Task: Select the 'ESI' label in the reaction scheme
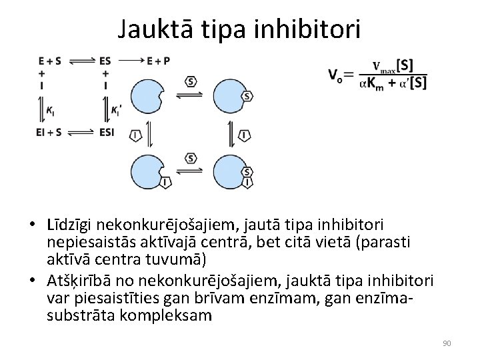click(x=106, y=132)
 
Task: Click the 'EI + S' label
click(x=49, y=132)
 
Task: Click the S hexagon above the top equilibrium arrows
click(x=191, y=82)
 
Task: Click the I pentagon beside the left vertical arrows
click(x=137, y=135)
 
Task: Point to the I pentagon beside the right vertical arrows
click(x=245, y=135)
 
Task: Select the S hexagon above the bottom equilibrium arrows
click(x=191, y=158)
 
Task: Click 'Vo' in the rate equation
click(x=336, y=75)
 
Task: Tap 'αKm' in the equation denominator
click(x=371, y=83)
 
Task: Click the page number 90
click(x=447, y=343)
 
